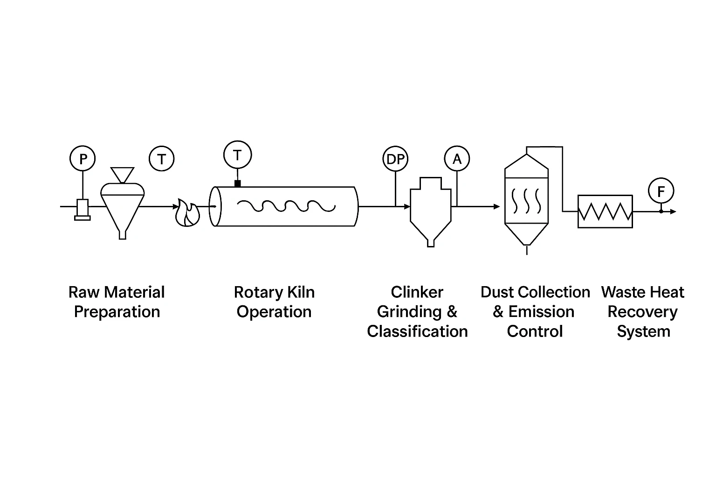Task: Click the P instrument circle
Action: pyautogui.click(x=83, y=159)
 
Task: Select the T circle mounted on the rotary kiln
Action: pyautogui.click(x=237, y=155)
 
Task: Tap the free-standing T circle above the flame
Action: pyautogui.click(x=161, y=159)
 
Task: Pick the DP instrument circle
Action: pyautogui.click(x=395, y=159)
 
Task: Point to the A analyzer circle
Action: pyautogui.click(x=457, y=159)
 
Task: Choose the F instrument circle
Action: pyautogui.click(x=661, y=191)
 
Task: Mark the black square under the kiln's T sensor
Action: pyautogui.click(x=238, y=183)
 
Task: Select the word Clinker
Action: pyautogui.click(x=417, y=292)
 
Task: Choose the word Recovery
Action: pyautogui.click(x=642, y=312)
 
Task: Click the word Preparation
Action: pyautogui.click(x=117, y=312)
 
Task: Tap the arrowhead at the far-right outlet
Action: pyautogui.click(x=673, y=211)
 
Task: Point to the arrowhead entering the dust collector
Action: pyautogui.click(x=497, y=206)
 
